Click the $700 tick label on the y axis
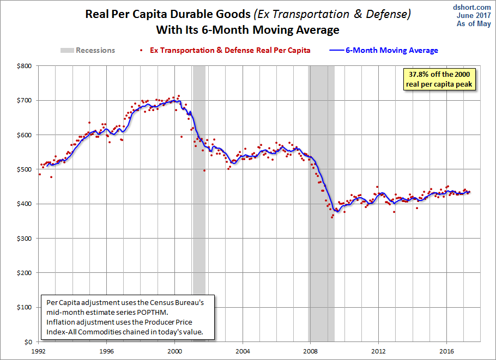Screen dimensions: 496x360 coord(25,101)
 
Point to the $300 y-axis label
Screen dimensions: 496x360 coord(25,239)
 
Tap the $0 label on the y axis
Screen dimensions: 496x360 coord(28,342)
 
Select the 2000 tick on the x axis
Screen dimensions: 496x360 coord(174,351)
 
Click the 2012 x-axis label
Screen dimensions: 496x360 coord(379,351)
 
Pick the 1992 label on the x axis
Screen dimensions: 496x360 coord(39,351)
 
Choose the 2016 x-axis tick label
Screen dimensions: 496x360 coord(446,351)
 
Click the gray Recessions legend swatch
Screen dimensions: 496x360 coord(67,50)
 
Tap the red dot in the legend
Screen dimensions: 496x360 coord(141,50)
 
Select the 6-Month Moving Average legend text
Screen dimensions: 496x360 coord(391,50)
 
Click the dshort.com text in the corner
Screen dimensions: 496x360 coord(471,7)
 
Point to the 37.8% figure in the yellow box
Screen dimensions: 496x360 coord(419,74)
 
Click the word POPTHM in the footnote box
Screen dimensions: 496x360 coord(152,312)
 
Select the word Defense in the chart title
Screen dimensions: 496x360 coord(389,14)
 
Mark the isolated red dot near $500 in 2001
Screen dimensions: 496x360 coord(204,170)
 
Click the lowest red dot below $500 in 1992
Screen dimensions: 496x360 coord(51,177)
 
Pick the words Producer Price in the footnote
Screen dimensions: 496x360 coord(168,322)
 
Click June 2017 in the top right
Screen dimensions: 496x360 coord(474,15)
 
